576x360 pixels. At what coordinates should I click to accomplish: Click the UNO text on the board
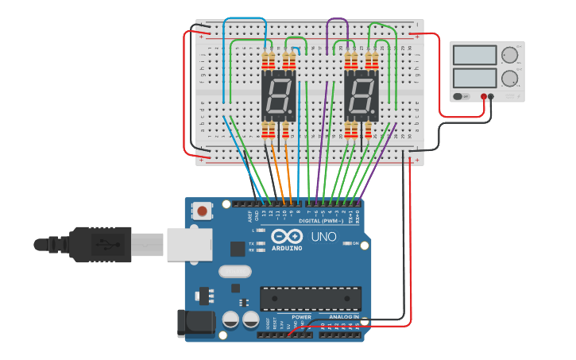[x=324, y=237]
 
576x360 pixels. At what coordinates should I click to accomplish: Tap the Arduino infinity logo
[x=286, y=236]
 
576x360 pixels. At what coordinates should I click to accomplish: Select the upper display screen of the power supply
[x=474, y=56]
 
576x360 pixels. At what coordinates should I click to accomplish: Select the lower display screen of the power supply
[x=474, y=78]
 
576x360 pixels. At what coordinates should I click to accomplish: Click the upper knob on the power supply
[x=509, y=56]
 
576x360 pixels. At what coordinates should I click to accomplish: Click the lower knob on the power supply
[x=509, y=79]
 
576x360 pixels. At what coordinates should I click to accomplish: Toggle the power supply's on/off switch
[x=460, y=96]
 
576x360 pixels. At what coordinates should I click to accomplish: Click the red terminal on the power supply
[x=483, y=96]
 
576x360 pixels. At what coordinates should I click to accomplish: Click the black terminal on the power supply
[x=491, y=96]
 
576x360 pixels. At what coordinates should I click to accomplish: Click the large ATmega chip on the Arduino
[x=311, y=299]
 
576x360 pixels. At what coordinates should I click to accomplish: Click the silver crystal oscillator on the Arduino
[x=234, y=271]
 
